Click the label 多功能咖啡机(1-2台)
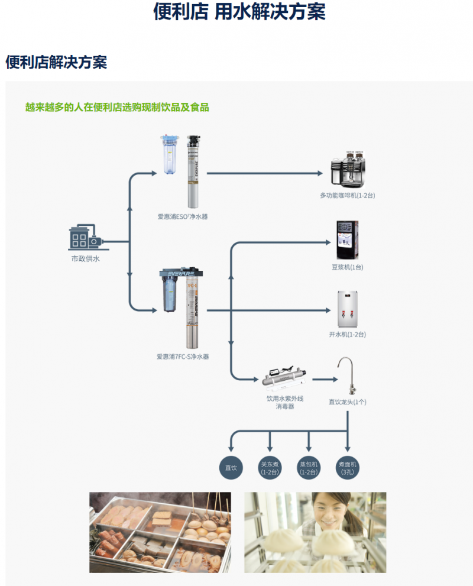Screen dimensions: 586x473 click(x=347, y=196)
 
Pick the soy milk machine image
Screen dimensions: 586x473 click(x=347, y=240)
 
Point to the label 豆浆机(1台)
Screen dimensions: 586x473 click(x=347, y=267)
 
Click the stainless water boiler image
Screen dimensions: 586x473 click(x=347, y=309)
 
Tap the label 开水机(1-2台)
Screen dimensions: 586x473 click(x=347, y=335)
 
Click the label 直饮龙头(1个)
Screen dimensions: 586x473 click(x=348, y=402)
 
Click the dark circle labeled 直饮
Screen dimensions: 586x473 click(x=231, y=468)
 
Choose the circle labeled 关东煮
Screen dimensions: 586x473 click(x=270, y=468)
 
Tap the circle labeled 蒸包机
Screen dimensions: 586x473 click(x=309, y=468)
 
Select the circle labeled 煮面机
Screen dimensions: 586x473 click(x=347, y=468)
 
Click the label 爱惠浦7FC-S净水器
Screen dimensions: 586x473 click(x=183, y=357)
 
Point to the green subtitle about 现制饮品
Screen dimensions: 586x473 click(x=117, y=108)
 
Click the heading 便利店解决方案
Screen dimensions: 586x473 click(x=56, y=62)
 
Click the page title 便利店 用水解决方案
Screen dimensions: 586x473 click(x=239, y=12)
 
